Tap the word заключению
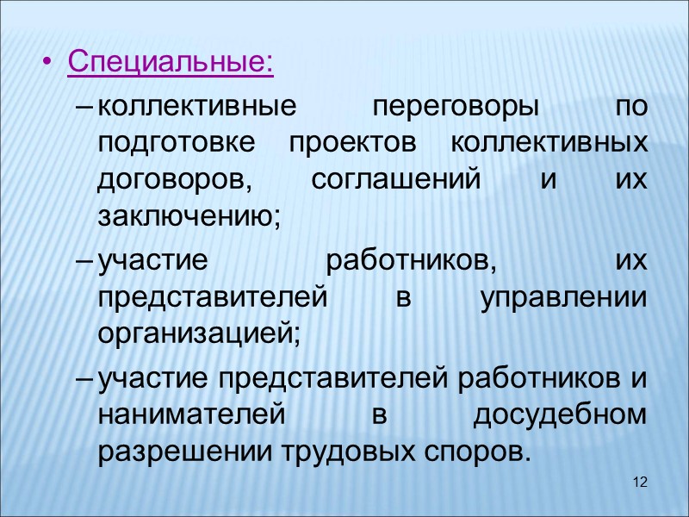190,216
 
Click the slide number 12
639,481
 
